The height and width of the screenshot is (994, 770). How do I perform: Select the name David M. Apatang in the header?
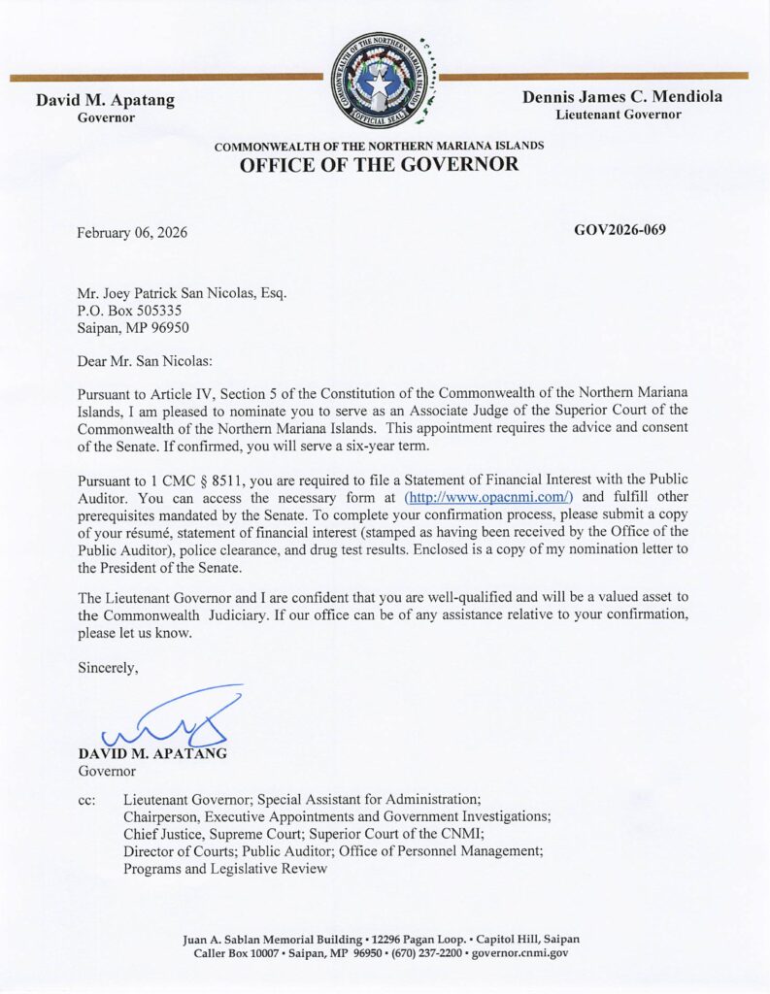[105, 98]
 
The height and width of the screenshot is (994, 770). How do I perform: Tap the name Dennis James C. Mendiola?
[622, 97]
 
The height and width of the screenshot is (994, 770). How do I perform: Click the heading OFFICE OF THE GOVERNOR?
[379, 165]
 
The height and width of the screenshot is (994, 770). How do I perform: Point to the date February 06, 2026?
[132, 233]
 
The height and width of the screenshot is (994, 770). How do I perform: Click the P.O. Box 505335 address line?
[128, 311]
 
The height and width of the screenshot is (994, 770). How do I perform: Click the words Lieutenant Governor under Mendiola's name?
[619, 115]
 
